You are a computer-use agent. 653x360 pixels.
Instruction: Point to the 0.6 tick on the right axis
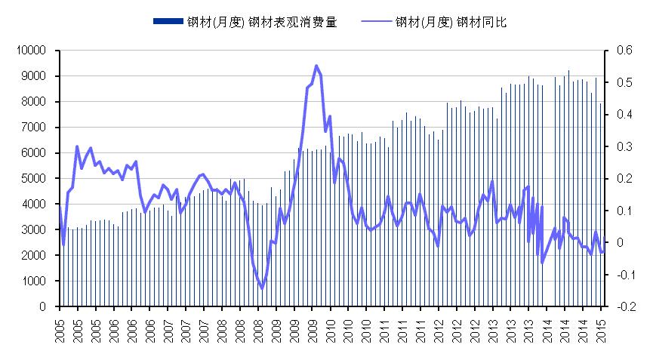[x=623, y=51]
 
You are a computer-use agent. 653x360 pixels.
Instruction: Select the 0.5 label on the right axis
[x=623, y=82]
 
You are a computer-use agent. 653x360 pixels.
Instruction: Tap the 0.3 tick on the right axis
[x=623, y=146]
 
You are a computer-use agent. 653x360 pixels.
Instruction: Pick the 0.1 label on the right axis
[x=623, y=211]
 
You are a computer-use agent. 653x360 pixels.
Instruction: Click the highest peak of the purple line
[x=316, y=66]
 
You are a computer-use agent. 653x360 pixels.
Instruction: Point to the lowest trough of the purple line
[x=262, y=288]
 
